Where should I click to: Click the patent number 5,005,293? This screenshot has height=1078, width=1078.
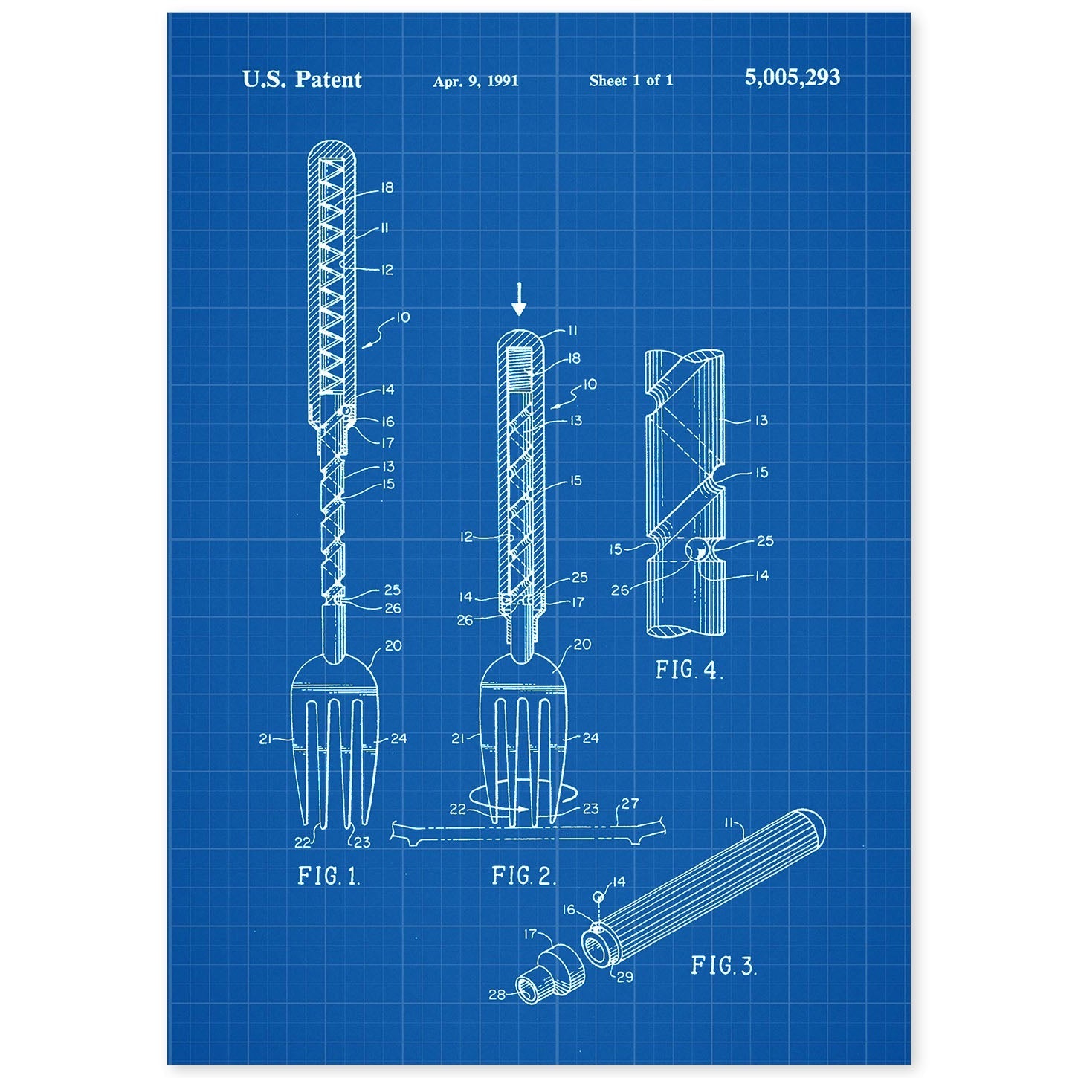[792, 78]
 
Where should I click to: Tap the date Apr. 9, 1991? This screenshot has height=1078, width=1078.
[476, 81]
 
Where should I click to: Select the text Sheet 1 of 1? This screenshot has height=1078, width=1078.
[631, 80]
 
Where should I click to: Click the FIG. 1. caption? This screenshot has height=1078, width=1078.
[329, 876]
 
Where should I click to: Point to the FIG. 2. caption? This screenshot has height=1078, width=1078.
[524, 876]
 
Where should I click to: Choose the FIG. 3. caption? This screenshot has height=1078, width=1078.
[724, 965]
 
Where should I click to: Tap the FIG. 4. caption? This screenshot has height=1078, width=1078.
[689, 670]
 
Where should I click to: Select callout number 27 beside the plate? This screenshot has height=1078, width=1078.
[630, 804]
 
